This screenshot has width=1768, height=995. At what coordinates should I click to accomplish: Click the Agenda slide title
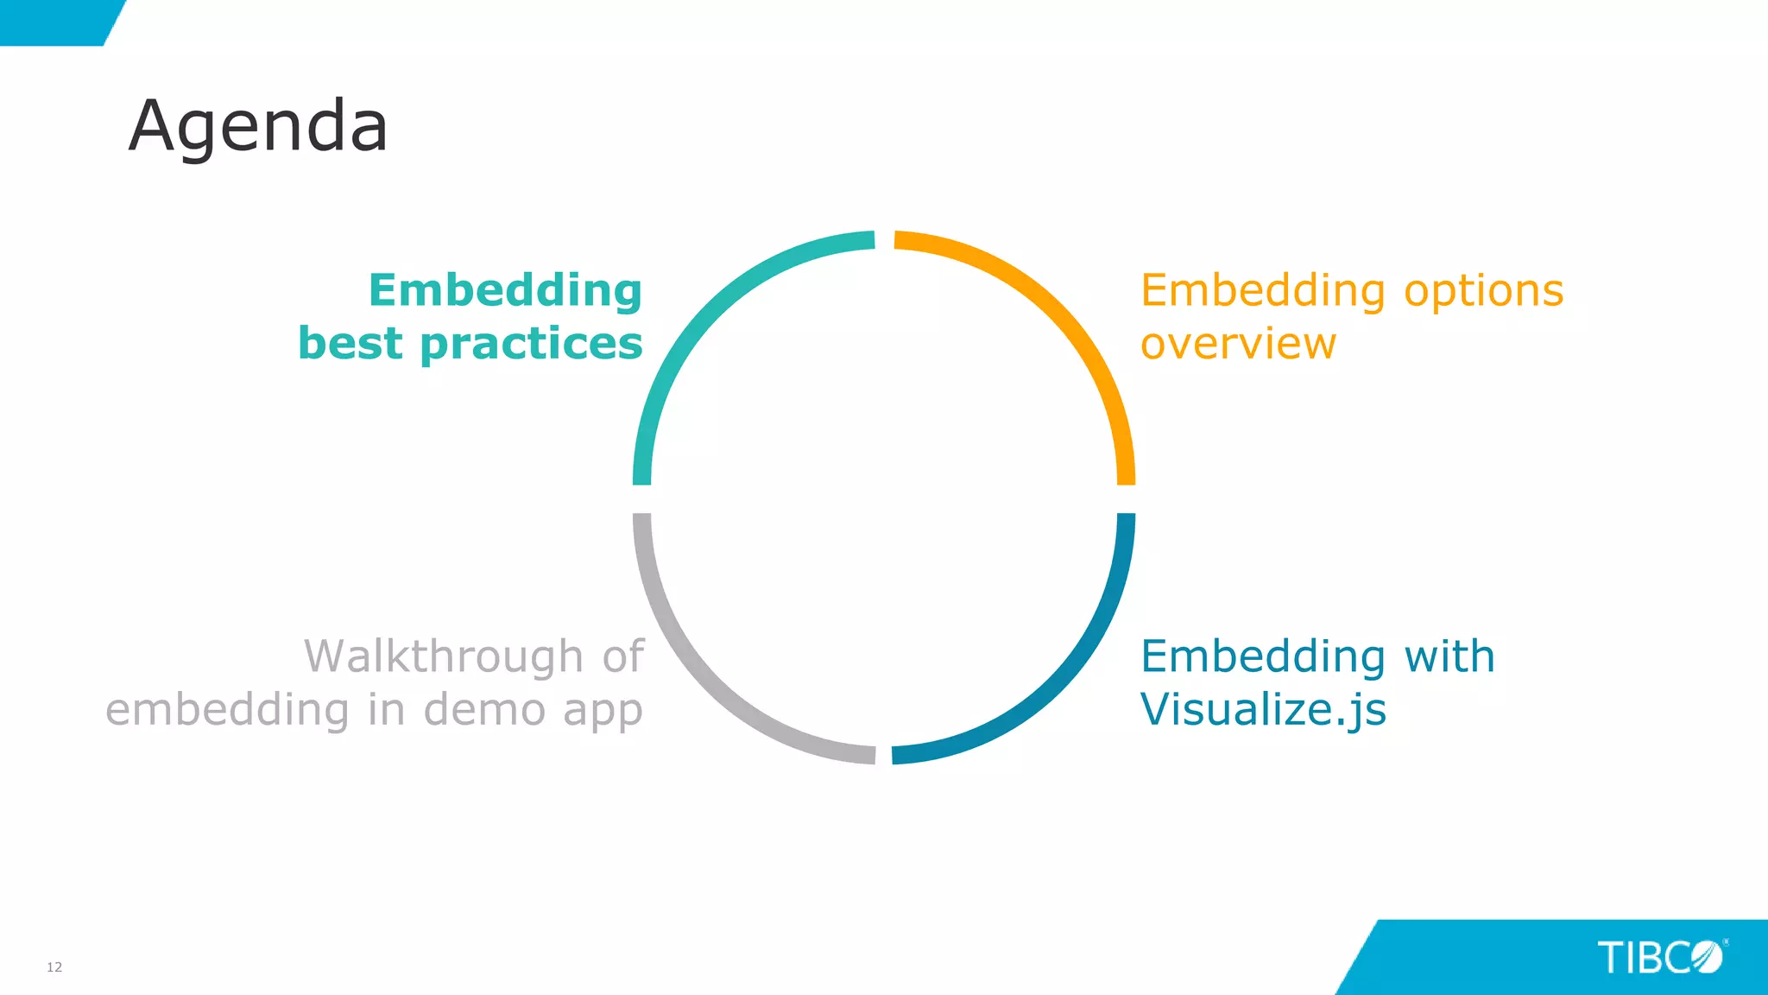(x=258, y=126)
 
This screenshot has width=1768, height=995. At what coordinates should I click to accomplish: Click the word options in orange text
(x=1483, y=291)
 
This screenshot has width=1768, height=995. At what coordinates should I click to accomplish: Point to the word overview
(x=1238, y=344)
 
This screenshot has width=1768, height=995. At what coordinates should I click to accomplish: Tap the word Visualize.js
(x=1263, y=710)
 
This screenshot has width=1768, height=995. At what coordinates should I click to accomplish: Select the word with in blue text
(x=1449, y=656)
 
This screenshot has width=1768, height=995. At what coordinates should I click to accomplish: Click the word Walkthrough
(x=444, y=656)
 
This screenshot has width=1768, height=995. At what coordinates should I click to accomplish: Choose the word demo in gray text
(x=484, y=710)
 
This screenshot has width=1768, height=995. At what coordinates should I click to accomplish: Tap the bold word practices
(x=531, y=344)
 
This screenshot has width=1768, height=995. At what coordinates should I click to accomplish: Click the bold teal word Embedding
(x=505, y=291)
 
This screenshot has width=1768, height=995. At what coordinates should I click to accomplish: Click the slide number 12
(x=54, y=966)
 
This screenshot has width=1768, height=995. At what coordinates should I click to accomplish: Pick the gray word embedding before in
(x=228, y=710)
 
